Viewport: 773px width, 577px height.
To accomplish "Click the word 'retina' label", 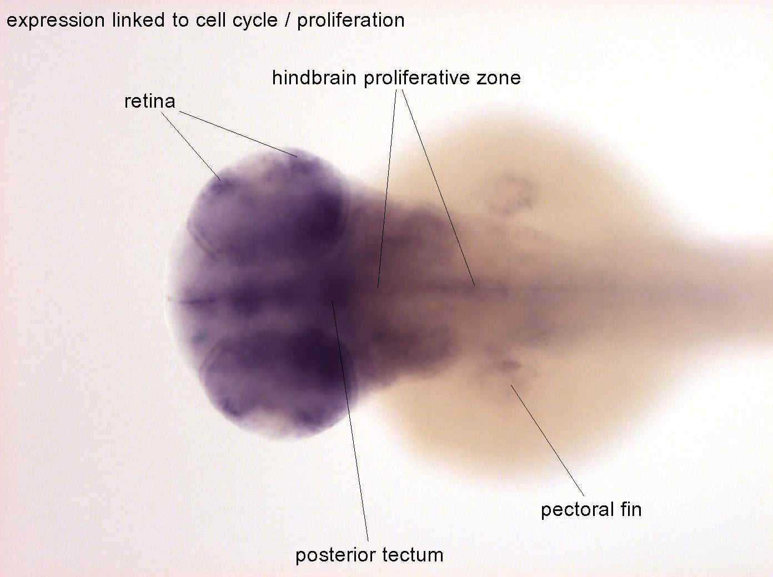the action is (150, 102).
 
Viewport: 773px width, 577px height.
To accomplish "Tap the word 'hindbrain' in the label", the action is (314, 78).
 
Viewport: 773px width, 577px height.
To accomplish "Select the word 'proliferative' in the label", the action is (416, 78).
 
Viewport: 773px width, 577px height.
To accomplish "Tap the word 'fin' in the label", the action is (631, 509).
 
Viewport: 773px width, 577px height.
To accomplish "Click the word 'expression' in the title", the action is (56, 21).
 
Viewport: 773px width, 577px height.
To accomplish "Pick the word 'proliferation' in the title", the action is (351, 21).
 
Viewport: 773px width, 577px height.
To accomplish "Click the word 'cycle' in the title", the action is (255, 21).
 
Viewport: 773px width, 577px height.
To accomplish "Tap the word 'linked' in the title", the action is (138, 20).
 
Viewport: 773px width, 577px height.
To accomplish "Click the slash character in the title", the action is (288, 20).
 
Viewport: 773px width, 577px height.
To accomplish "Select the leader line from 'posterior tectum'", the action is (350, 421).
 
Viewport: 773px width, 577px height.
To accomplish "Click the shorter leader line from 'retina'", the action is (192, 146).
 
